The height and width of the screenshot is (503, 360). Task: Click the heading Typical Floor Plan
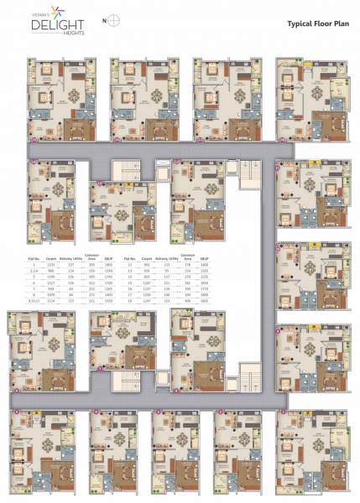[317, 25]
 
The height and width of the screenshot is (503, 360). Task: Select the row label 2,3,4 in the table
[34, 270]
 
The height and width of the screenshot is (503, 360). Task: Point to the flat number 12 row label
[129, 264]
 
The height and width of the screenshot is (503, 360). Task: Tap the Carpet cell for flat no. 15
[147, 283]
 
